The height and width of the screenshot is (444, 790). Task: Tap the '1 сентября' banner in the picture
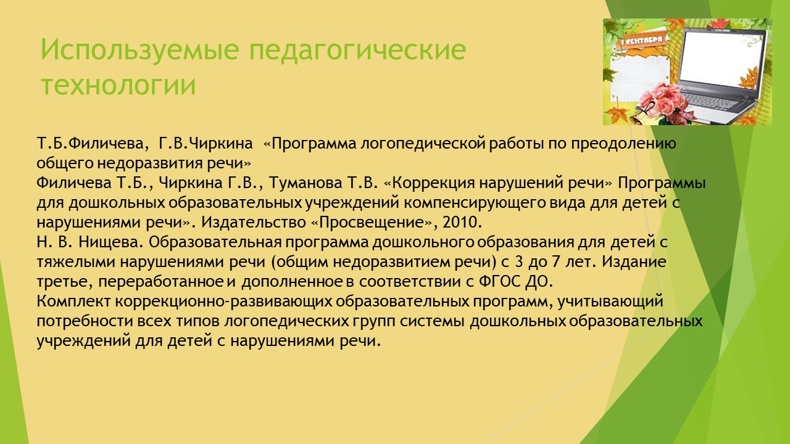[x=642, y=41]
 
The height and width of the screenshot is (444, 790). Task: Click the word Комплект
[x=73, y=302]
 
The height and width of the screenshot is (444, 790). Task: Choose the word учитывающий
[x=610, y=302]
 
